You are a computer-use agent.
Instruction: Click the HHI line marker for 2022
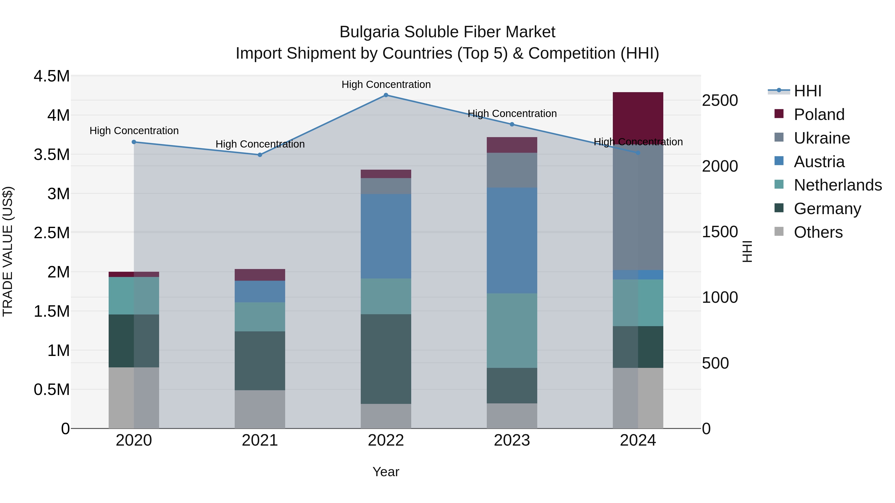[386, 95]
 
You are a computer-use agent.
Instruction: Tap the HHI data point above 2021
[260, 155]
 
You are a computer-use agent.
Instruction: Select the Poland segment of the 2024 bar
[638, 116]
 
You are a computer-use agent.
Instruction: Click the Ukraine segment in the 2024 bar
[638, 208]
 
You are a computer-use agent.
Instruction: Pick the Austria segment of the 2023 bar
[512, 240]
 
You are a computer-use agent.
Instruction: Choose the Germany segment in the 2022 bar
[386, 359]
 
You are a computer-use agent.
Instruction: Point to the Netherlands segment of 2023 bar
[512, 330]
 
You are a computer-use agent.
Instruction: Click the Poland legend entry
[819, 115]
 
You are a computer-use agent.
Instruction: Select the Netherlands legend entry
[837, 185]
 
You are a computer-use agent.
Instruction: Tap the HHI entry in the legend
[807, 91]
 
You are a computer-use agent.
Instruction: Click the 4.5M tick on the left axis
[51, 76]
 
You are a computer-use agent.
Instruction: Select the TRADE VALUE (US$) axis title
[8, 251]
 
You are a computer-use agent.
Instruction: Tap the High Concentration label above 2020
[134, 131]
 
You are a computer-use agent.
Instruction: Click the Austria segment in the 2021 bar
[260, 291]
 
